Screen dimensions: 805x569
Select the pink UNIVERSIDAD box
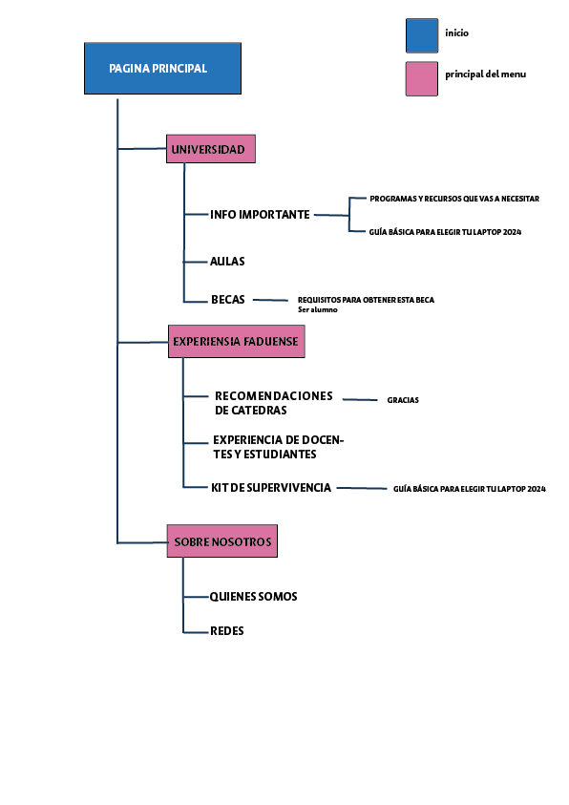211,149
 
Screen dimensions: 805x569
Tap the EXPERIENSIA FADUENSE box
236,341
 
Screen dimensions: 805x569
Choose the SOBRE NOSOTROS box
222,541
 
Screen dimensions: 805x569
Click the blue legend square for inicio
421,34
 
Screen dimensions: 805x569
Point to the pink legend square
421,78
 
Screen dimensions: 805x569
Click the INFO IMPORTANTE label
260,215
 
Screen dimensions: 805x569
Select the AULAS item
228,261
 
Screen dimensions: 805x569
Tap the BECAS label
228,300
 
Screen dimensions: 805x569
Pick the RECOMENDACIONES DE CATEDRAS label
273,403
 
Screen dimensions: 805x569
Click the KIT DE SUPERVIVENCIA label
271,488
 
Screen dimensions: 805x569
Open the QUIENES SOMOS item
254,597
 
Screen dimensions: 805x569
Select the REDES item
227,631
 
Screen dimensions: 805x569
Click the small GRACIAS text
403,400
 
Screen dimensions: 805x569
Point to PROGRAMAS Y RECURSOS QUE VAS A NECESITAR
454,199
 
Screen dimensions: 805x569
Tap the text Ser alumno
318,309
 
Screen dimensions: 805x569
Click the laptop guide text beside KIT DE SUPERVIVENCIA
469,489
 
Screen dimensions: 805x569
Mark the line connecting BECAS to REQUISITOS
270,301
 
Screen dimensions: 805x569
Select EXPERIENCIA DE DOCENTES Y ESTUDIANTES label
278,447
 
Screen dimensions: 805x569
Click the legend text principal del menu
485,74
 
